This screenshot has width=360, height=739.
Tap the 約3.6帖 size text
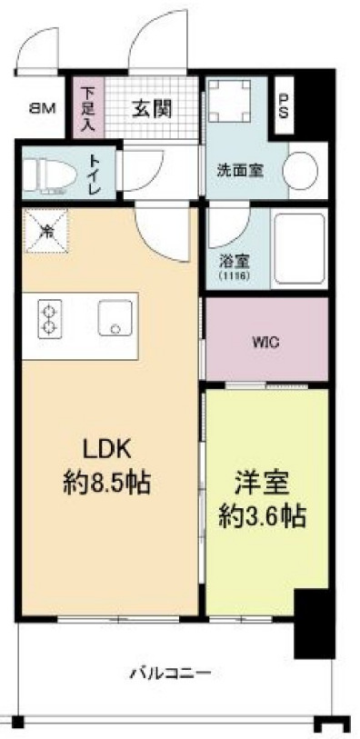(x=261, y=517)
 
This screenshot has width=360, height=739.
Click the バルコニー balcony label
(x=169, y=674)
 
